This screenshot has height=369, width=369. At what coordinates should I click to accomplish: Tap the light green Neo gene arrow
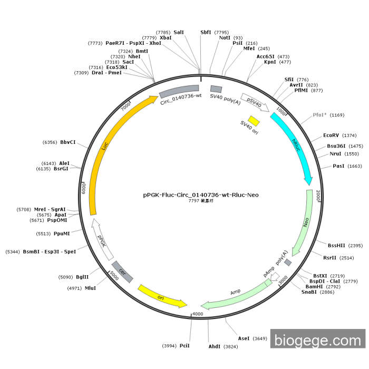click(306, 221)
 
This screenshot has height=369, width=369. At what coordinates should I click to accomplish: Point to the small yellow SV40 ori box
click(254, 121)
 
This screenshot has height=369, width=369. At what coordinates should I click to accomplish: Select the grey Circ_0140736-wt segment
click(179, 93)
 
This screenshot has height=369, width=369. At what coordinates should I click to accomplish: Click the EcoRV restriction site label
click(333, 135)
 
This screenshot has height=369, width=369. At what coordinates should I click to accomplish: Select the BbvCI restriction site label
click(67, 142)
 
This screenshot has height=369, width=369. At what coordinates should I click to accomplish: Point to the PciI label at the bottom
click(184, 346)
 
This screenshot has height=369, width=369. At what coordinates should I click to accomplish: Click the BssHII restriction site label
click(336, 246)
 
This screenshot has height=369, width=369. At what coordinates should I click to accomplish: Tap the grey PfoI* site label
click(320, 114)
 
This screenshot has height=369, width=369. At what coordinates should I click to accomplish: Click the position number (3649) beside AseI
click(260, 338)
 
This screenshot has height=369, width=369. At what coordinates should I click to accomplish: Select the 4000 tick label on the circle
click(197, 314)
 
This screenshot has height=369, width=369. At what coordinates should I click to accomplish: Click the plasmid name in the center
click(201, 195)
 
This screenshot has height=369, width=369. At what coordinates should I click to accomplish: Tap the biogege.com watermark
click(318, 339)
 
